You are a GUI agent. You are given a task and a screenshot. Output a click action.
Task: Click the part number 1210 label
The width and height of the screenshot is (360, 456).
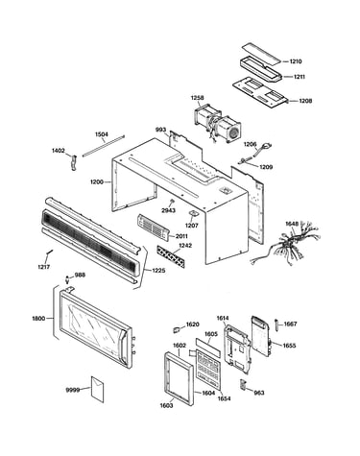click(x=296, y=61)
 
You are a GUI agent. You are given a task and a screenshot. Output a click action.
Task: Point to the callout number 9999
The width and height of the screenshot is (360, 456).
click(x=73, y=390)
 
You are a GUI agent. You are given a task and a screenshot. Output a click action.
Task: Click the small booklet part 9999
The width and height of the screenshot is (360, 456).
click(x=98, y=389)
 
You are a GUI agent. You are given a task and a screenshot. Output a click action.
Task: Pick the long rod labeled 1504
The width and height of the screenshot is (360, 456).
click(x=103, y=146)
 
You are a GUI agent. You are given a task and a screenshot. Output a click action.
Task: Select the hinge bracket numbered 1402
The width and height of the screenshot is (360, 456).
click(x=74, y=162)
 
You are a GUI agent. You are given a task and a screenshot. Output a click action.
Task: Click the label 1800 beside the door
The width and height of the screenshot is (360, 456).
click(x=38, y=319)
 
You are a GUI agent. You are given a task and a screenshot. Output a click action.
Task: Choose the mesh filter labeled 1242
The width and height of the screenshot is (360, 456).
click(x=171, y=256)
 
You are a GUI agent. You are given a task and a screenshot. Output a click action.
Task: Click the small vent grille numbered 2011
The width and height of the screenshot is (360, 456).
click(x=154, y=228)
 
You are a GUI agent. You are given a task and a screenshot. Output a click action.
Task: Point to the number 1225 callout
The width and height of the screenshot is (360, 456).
click(x=158, y=271)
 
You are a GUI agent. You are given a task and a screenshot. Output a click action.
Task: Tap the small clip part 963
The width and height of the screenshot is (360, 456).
click(x=243, y=384)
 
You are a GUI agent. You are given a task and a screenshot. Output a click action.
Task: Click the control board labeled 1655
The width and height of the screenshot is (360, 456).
click(x=261, y=336)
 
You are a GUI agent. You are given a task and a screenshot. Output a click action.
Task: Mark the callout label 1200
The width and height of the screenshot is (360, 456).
click(x=97, y=182)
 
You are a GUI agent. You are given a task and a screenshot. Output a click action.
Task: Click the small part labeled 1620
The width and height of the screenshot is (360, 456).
click(x=177, y=329)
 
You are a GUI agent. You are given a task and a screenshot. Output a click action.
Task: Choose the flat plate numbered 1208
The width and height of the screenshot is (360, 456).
click(x=259, y=93)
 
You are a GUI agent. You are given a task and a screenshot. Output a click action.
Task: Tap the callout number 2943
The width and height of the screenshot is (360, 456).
click(x=168, y=210)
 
